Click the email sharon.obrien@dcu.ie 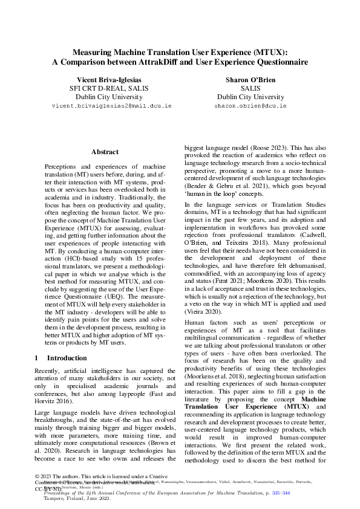(250, 106)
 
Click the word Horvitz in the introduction (50, 400)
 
